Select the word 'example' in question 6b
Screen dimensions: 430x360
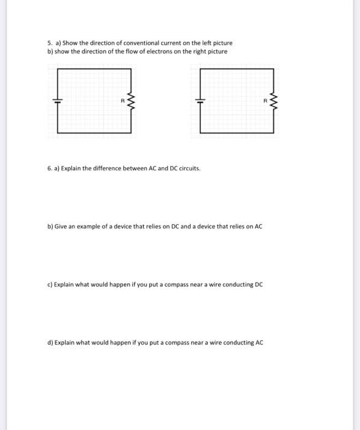click(x=88, y=227)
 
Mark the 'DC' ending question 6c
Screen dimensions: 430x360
click(x=259, y=285)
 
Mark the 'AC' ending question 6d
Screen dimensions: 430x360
click(x=259, y=343)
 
